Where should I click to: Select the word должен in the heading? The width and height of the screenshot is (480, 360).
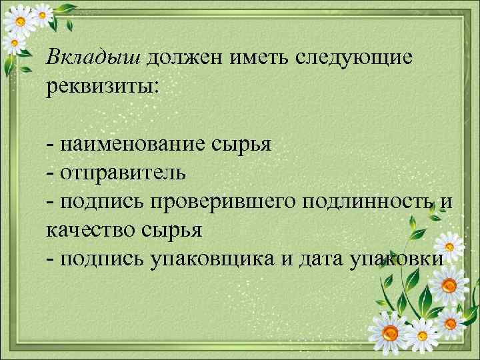point(185,59)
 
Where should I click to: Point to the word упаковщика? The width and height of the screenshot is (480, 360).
point(211,259)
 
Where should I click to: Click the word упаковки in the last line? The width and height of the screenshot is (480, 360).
point(394,259)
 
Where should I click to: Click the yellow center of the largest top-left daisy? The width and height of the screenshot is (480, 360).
point(21,21)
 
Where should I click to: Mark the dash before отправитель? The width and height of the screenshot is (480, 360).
point(51,173)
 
